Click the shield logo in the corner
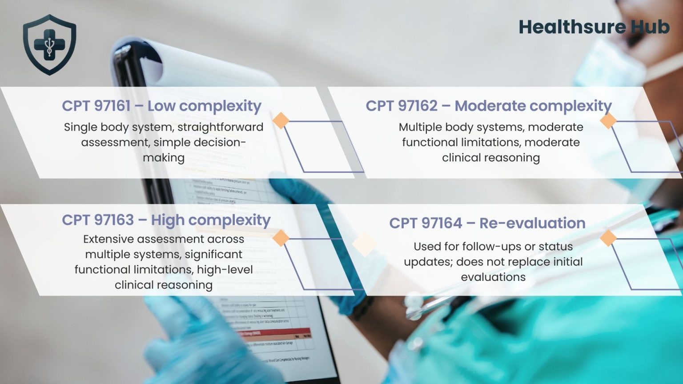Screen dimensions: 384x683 [49, 44]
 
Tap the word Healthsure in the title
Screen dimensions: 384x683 [572, 27]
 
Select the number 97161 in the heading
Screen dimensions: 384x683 [113, 106]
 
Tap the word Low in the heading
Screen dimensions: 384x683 [161, 106]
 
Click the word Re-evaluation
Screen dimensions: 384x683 [532, 223]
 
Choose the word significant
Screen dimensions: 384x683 [213, 255]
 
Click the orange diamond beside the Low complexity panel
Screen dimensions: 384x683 [281, 120]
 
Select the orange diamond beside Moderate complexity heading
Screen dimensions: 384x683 [608, 120]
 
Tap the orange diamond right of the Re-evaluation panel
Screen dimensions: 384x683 [608, 238]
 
